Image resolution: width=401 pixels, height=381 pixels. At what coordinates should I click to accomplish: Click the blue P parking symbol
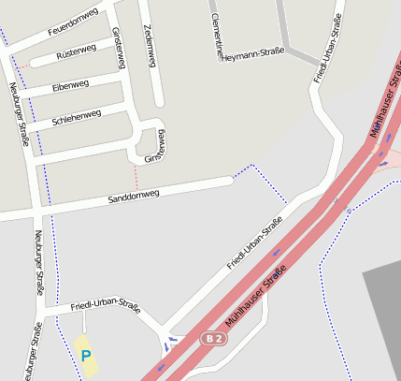point(86,356)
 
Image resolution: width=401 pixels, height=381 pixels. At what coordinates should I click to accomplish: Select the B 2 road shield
point(214,338)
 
